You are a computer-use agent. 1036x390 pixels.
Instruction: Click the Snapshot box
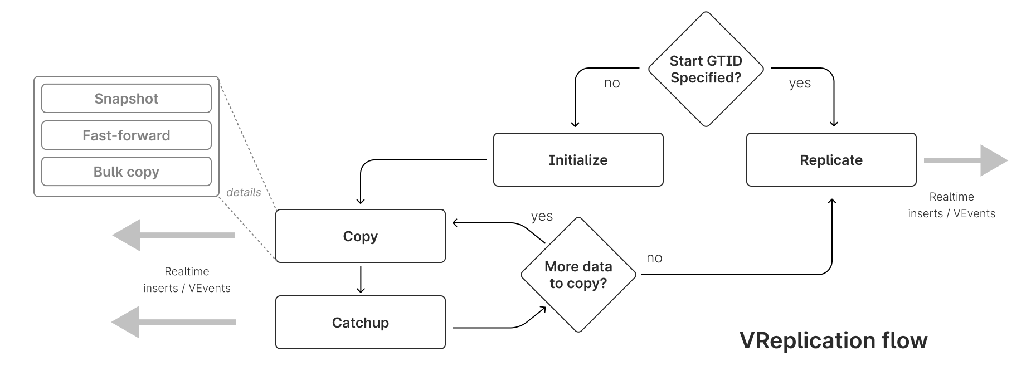coord(127,99)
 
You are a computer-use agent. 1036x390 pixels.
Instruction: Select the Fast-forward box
coord(127,135)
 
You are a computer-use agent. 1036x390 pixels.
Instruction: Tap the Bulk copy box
coord(127,172)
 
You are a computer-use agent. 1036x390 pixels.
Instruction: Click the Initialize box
coord(578,160)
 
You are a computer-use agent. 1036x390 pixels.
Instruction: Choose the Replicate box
coord(831,160)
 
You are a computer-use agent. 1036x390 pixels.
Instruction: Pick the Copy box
coord(360,236)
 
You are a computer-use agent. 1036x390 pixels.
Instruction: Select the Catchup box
coord(360,323)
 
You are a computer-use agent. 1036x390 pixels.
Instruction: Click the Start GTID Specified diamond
coord(706,69)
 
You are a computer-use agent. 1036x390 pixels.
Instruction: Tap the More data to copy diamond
coord(578,275)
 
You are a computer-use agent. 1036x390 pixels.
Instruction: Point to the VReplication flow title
coord(833,340)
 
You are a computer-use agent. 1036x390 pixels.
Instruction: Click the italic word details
coord(244,192)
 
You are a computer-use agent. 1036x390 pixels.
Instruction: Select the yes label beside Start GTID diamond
coord(800,83)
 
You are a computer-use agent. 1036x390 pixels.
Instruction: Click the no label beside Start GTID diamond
coord(612,83)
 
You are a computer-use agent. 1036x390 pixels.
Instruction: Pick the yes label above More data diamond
coord(542,216)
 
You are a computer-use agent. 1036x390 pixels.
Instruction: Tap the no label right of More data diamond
coord(654,258)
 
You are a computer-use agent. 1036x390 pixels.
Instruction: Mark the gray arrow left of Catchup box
coord(173,322)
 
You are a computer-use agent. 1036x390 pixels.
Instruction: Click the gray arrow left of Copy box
coord(173,235)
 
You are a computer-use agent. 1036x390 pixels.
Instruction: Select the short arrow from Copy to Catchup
coord(361,280)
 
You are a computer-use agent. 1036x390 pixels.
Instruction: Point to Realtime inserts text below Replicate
coord(951,205)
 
